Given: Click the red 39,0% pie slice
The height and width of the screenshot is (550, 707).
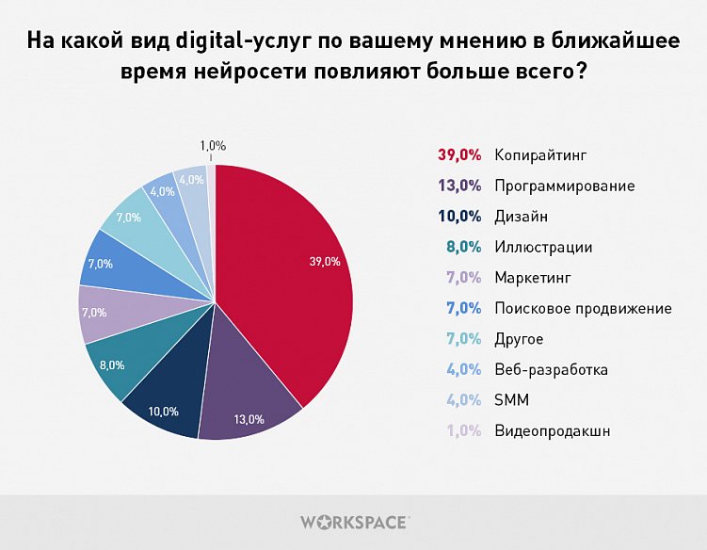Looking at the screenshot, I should click(x=292, y=273).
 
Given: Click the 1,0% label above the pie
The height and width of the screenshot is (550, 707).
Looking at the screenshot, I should click(x=213, y=145).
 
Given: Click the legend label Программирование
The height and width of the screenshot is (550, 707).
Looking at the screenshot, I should click(x=564, y=186).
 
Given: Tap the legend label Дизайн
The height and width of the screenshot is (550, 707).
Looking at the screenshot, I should click(x=521, y=217).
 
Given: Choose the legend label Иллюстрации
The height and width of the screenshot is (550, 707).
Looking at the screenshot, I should click(x=543, y=247).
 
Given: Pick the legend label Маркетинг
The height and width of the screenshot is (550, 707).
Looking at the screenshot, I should click(x=533, y=278).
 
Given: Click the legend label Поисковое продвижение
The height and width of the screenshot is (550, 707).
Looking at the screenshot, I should click(x=583, y=308).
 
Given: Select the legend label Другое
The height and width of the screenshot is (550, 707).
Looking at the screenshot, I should click(x=519, y=339).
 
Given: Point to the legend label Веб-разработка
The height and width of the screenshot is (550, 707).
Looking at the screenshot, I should click(x=551, y=369).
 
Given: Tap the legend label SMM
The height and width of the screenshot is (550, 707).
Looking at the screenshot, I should click(x=511, y=400).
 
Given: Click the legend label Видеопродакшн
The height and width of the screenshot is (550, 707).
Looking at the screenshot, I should click(x=552, y=430).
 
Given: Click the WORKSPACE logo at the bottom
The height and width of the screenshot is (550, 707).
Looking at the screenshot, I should click(x=354, y=521).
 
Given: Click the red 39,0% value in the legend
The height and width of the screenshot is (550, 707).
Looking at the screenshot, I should click(x=459, y=154).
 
